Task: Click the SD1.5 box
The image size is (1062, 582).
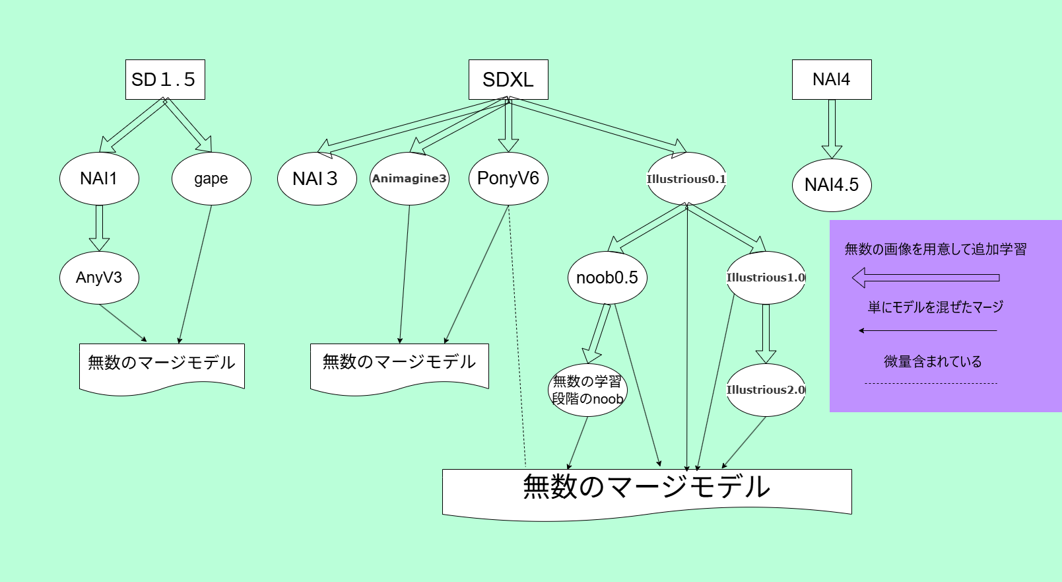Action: pyautogui.click(x=165, y=80)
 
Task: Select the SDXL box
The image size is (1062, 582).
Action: pyautogui.click(x=508, y=80)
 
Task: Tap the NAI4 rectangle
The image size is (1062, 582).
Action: pyautogui.click(x=832, y=80)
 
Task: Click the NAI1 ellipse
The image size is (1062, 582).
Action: pyautogui.click(x=99, y=178)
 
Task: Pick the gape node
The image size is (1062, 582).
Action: pyautogui.click(x=211, y=178)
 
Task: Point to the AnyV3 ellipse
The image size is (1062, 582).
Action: pyautogui.click(x=99, y=277)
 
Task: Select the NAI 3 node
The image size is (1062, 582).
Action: pyautogui.click(x=317, y=178)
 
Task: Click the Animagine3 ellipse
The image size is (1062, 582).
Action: pyautogui.click(x=409, y=178)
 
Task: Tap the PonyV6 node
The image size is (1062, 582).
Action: pyautogui.click(x=508, y=178)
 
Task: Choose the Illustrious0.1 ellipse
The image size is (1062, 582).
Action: pyautogui.click(x=686, y=178)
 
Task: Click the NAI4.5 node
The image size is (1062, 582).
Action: pyautogui.click(x=832, y=185)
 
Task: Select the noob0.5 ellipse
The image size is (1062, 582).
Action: pyautogui.click(x=607, y=277)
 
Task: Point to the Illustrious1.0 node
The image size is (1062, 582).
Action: pyautogui.click(x=766, y=277)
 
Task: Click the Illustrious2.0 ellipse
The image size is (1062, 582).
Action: pyautogui.click(x=766, y=390)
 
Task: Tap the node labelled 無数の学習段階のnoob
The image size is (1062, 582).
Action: pyautogui.click(x=587, y=390)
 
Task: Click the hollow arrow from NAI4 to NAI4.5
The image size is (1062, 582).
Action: pyautogui.click(x=832, y=129)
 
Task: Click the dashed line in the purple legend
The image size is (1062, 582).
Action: pyautogui.click(x=931, y=383)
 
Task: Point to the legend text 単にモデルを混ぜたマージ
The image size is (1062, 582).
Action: pyautogui.click(x=935, y=307)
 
